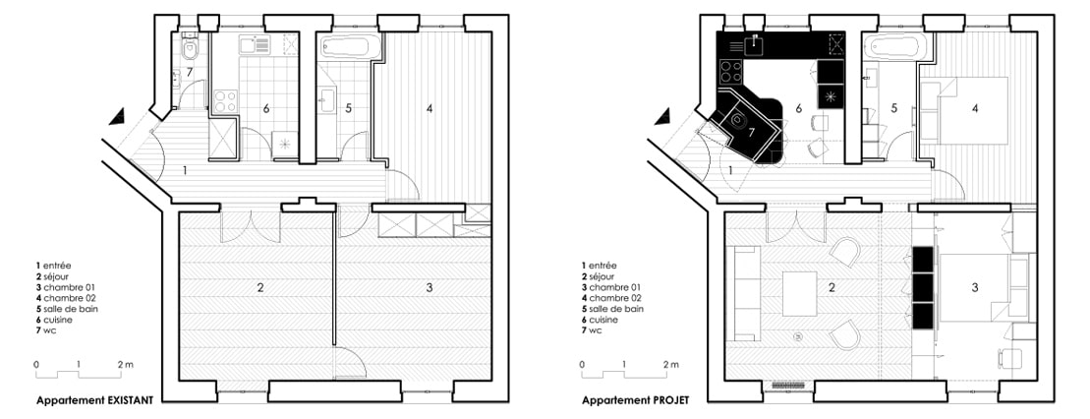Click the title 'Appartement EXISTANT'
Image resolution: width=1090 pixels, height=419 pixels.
click(93, 400)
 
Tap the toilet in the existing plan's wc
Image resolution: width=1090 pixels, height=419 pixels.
click(190, 48)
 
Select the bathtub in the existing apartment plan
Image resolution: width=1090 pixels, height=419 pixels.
click(350, 48)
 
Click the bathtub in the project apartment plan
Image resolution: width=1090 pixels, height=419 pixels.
click(896, 48)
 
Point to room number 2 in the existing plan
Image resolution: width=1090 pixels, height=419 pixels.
click(260, 287)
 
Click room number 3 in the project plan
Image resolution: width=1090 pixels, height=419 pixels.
click(975, 287)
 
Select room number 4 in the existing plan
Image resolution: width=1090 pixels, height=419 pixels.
click(430, 108)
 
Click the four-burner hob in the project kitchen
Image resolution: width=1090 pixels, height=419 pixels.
click(731, 70)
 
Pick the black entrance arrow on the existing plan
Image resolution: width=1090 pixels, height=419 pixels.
click(118, 116)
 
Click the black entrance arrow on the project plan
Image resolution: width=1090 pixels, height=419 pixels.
click(663, 116)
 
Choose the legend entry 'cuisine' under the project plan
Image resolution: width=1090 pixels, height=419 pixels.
click(601, 320)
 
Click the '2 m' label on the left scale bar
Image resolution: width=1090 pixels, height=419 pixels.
click(125, 364)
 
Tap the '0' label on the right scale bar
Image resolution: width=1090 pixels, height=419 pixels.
click(582, 364)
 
